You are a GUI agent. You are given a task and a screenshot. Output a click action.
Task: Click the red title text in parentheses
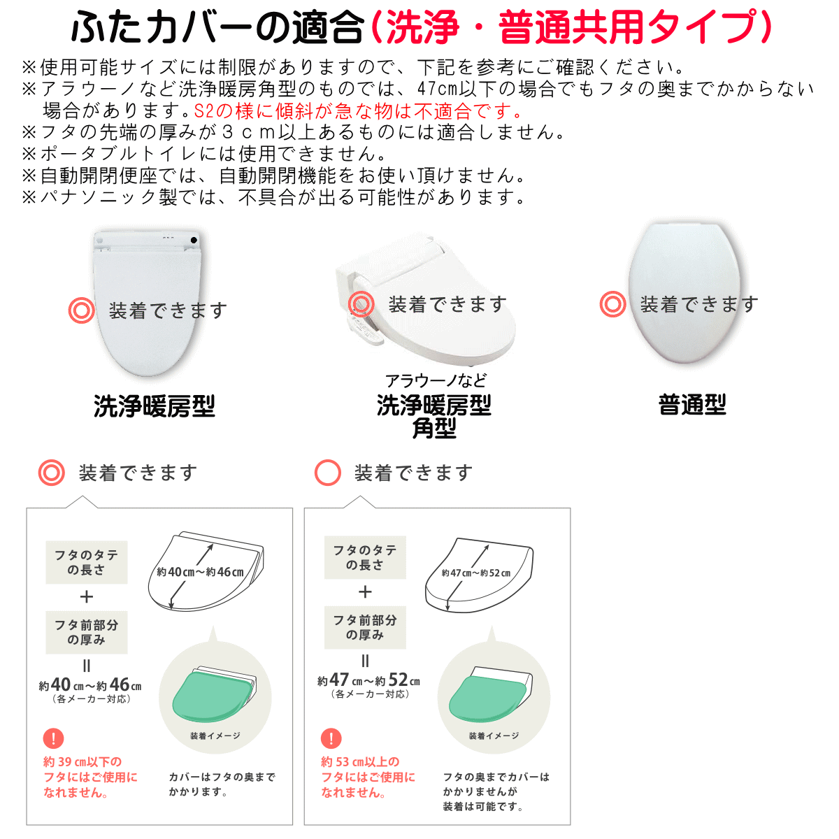point(571,27)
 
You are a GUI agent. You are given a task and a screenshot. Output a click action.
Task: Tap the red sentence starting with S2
point(358,111)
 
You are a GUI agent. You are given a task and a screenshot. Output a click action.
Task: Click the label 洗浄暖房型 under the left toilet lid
point(155,406)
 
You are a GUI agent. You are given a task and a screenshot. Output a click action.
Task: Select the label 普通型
point(692,405)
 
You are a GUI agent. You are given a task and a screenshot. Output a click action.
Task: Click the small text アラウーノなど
point(436,381)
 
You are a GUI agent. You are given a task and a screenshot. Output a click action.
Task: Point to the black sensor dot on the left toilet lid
point(194,240)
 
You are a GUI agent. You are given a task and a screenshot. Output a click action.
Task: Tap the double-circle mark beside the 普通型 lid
point(612,304)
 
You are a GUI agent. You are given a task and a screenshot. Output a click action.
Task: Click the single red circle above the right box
point(327,473)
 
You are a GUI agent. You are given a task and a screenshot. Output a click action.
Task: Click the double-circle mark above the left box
point(51,473)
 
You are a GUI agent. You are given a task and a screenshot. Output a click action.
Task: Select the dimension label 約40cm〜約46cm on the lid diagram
point(200,572)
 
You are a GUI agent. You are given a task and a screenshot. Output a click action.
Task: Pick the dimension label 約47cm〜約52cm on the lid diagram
point(476,573)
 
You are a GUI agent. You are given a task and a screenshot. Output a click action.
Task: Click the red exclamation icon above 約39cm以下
point(54,738)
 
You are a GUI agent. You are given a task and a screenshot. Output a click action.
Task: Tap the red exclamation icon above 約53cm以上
point(331,738)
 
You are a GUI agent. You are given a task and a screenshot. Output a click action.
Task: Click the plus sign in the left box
point(87,596)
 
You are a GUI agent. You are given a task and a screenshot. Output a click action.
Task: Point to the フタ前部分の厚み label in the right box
point(365,627)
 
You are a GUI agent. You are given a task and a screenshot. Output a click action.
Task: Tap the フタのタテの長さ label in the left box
point(86,562)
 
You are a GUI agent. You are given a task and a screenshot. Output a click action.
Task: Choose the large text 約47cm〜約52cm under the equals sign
point(368,680)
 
